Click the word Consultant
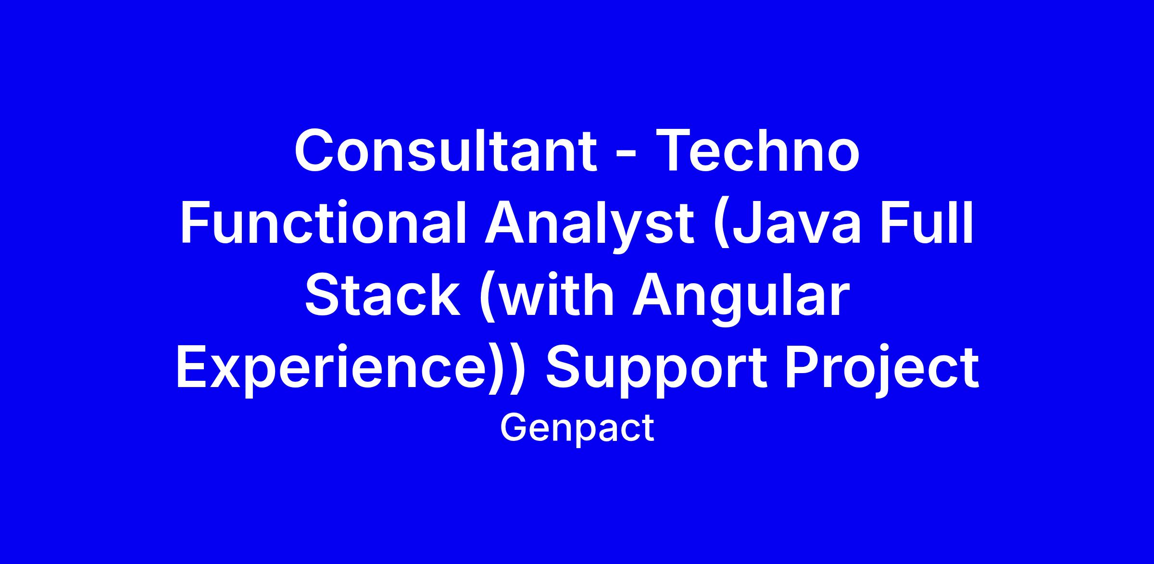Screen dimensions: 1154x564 pyautogui.click(x=446, y=150)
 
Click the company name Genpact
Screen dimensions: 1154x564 pyautogui.click(x=577, y=428)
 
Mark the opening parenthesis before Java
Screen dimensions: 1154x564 pyautogui.click(x=721, y=227)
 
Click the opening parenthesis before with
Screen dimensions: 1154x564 pyautogui.click(x=487, y=299)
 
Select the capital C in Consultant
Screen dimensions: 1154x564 pyautogui.click(x=315, y=150)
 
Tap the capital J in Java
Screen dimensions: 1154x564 pyautogui.click(x=747, y=224)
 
